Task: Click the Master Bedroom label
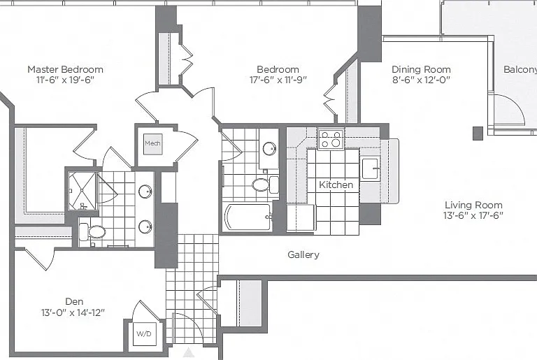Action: tap(65, 69)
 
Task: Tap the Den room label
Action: tap(74, 301)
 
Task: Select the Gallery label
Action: tap(303, 254)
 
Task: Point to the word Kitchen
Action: tap(336, 185)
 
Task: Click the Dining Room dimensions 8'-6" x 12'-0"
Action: tap(421, 80)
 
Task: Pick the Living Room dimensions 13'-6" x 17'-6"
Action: tap(473, 215)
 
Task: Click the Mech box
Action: tap(152, 143)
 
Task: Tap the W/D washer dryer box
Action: tap(144, 333)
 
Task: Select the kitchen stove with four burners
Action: tap(331, 139)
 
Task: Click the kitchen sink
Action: tap(370, 168)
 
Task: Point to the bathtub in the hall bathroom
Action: tap(248, 217)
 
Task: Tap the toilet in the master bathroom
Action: tap(92, 232)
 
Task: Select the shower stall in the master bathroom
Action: tap(83, 190)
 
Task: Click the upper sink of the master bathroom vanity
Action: tap(145, 192)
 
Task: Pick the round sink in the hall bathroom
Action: tap(269, 149)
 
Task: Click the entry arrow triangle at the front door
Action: tap(188, 352)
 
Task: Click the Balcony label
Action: tap(520, 69)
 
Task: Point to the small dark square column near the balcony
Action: tap(478, 134)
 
